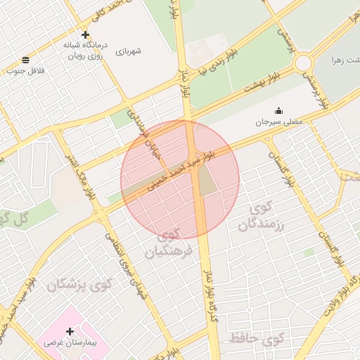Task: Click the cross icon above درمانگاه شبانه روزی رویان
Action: point(85,34)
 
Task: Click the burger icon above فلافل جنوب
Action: point(26,60)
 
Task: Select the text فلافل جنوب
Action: point(26,70)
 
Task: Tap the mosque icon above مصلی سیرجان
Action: point(278,110)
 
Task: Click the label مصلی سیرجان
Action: point(279,122)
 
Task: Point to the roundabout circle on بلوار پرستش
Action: point(303,63)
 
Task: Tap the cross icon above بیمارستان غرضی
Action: point(69,330)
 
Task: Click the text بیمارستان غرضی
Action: point(69,342)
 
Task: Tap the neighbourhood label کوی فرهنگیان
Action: point(168,243)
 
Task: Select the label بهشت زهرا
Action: point(345,60)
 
